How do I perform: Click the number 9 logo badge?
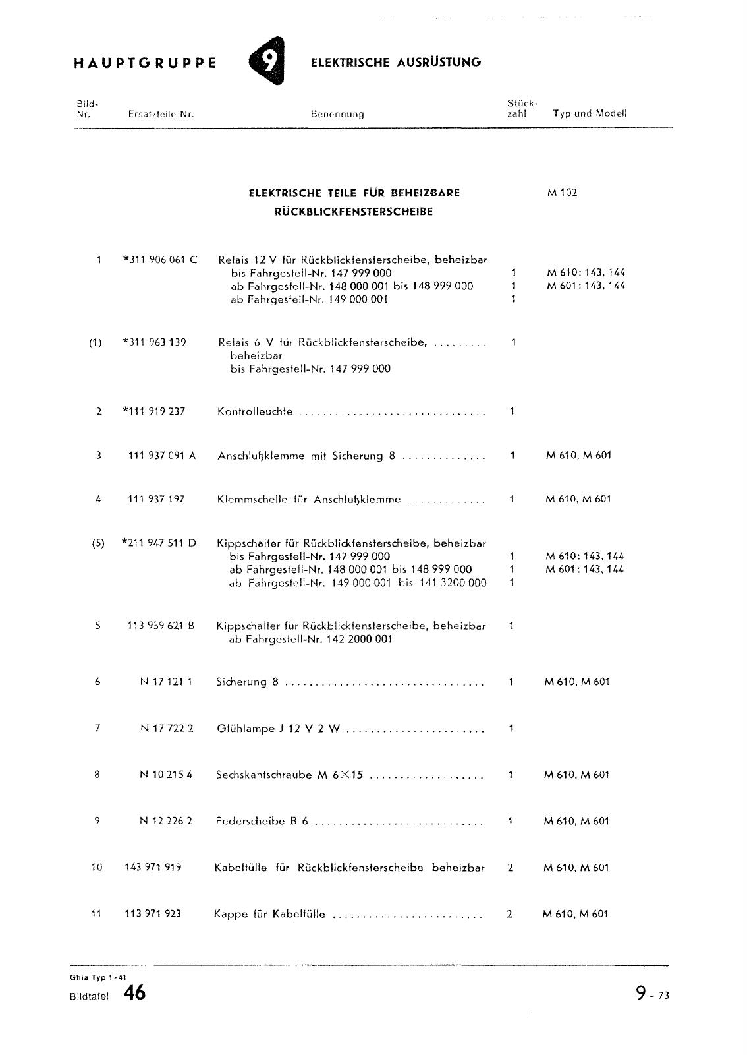[267, 61]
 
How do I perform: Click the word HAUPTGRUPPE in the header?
[146, 63]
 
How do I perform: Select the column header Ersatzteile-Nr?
[161, 114]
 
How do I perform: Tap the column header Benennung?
[337, 114]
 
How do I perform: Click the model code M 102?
[562, 193]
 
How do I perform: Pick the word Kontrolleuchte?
[255, 411]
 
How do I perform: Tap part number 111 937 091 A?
[162, 455]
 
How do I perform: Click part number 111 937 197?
[156, 499]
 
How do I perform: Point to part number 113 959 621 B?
[161, 626]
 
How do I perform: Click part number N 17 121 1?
[166, 682]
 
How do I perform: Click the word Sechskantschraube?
[263, 775]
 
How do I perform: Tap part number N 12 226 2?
[166, 822]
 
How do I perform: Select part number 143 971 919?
[153, 868]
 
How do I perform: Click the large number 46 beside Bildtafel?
[134, 993]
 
